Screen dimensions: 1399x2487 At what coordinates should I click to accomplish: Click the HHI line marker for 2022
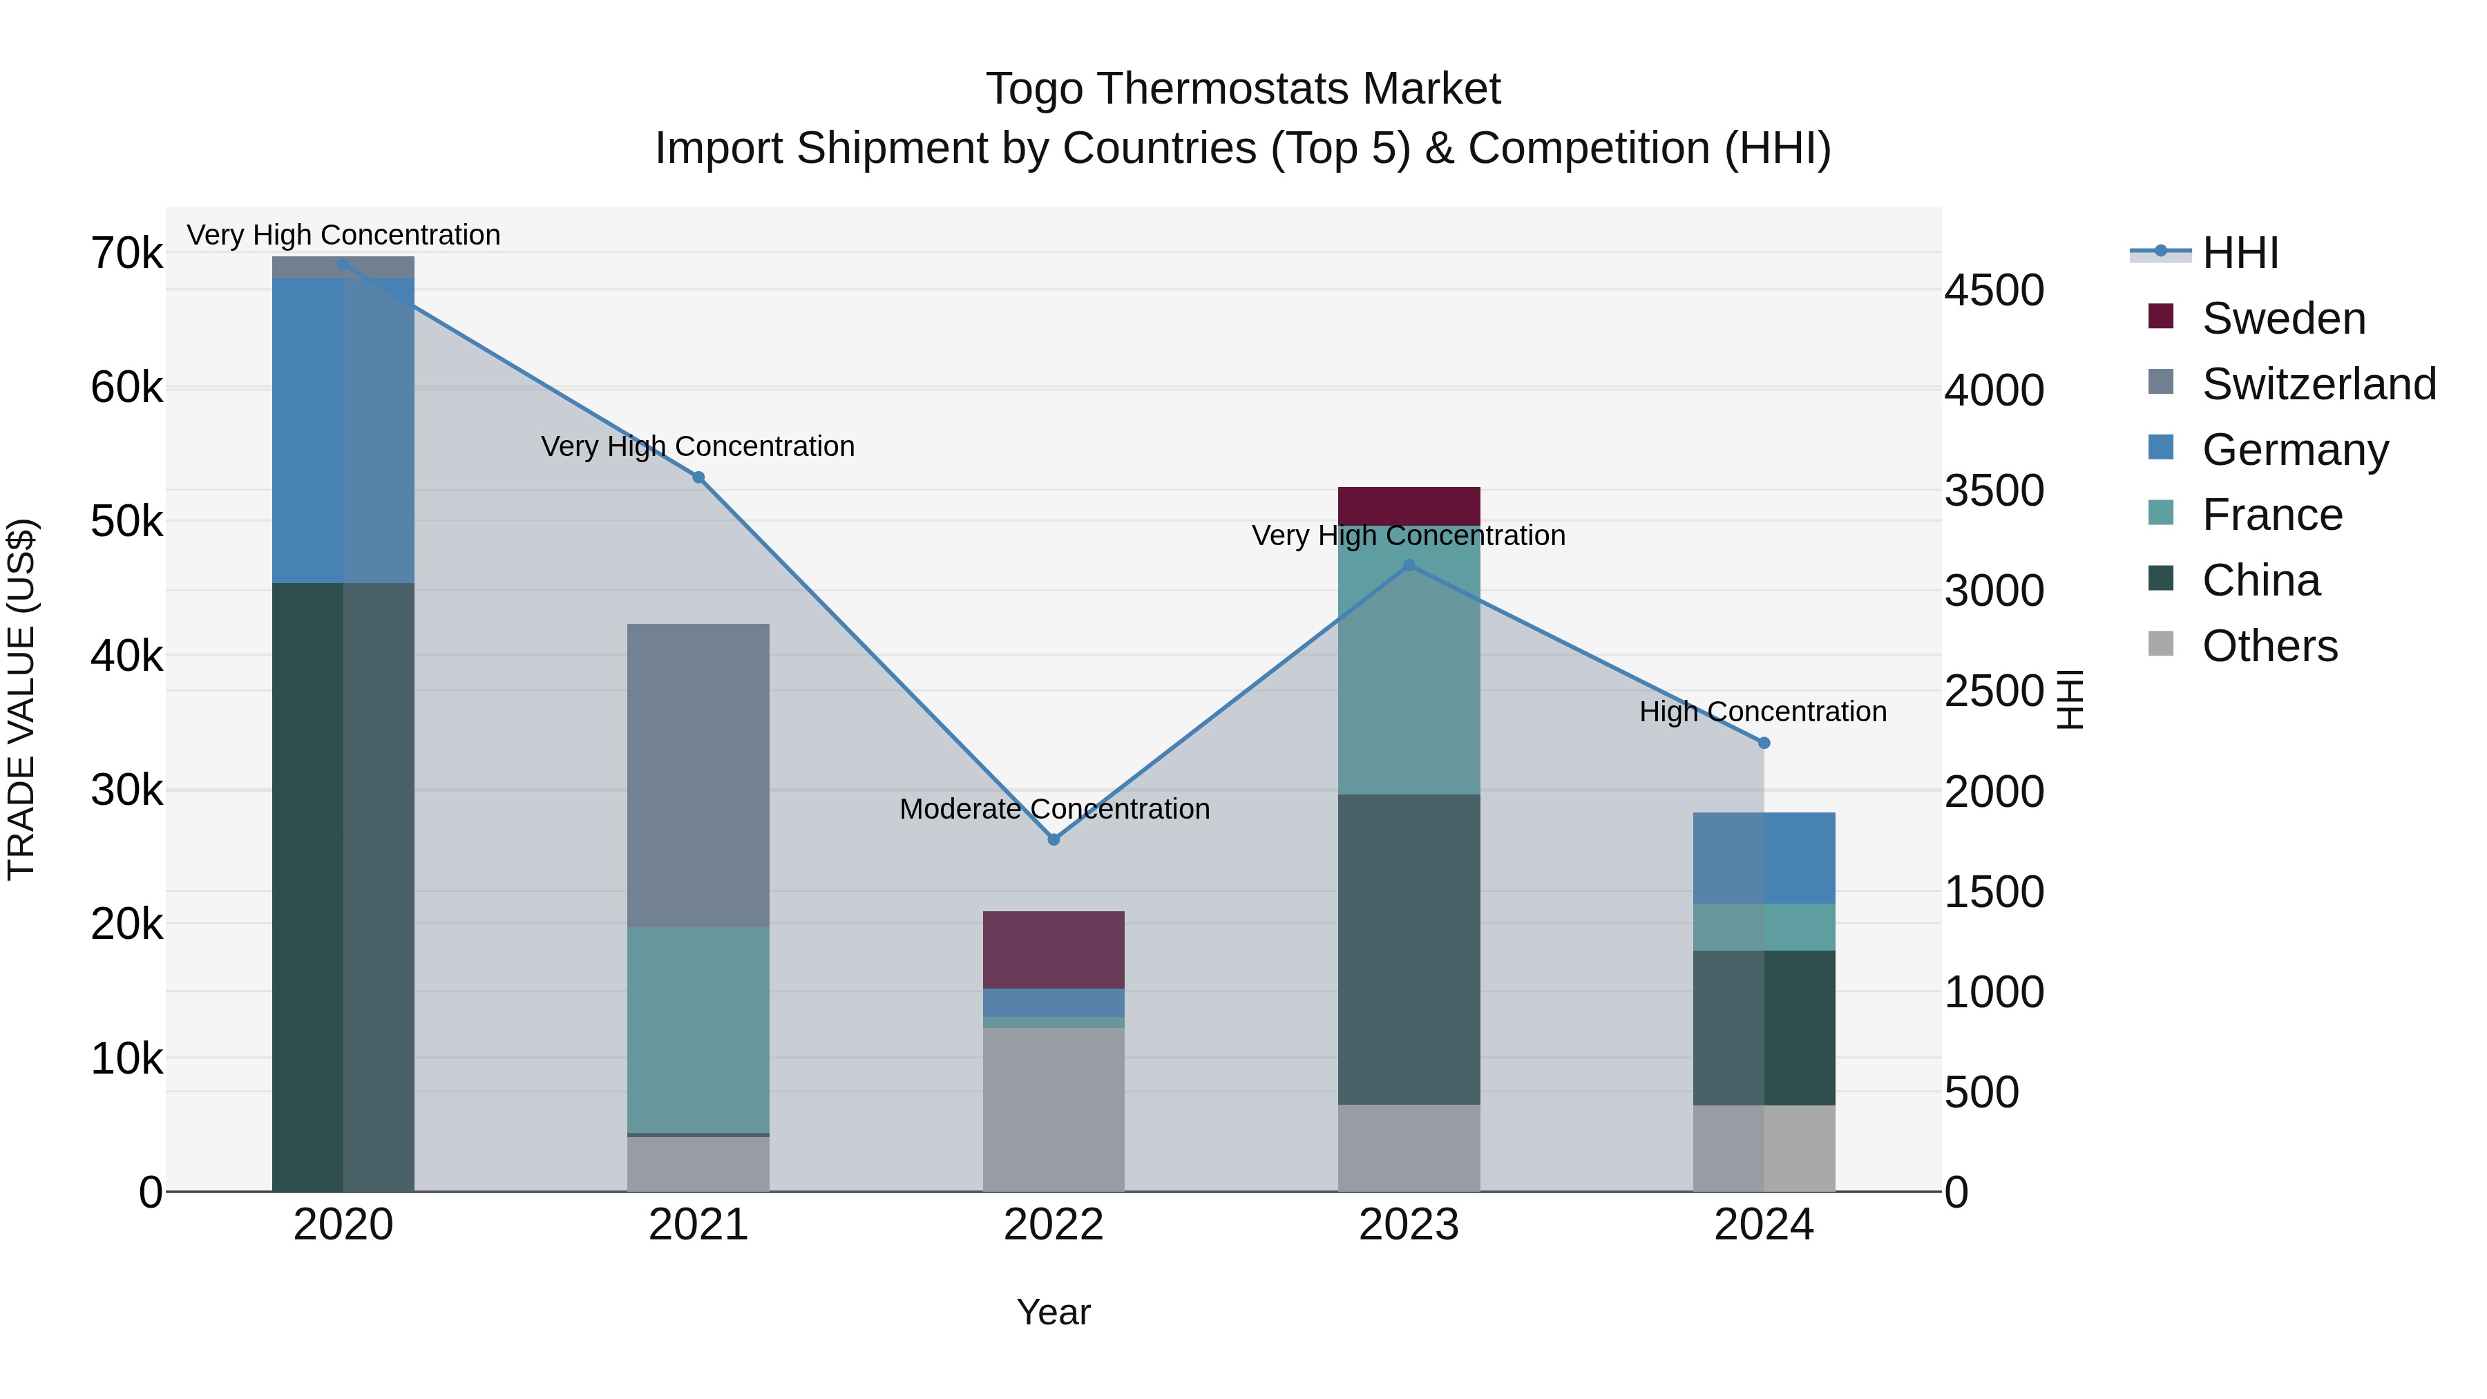tap(1054, 839)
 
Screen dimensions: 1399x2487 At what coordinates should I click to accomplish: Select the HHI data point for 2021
tap(698, 477)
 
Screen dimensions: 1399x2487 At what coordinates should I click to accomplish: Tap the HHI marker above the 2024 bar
tap(1764, 743)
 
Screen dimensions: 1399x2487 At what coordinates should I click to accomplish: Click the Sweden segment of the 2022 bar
tap(1054, 950)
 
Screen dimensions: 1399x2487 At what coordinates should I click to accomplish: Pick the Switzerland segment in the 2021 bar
tap(698, 775)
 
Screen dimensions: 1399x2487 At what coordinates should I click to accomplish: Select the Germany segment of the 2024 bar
tap(1764, 857)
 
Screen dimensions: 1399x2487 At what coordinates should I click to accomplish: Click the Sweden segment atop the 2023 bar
tap(1409, 506)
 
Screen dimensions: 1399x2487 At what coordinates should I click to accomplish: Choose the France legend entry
tap(2271, 515)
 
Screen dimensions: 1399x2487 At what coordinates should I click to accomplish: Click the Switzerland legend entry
tap(2318, 384)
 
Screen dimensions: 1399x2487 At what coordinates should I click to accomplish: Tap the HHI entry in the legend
tap(2240, 253)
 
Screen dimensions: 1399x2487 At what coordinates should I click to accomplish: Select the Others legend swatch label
tap(2269, 646)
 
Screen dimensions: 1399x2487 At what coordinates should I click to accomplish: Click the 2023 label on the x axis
tap(1409, 1225)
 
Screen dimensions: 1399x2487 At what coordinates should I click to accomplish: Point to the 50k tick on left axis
tap(126, 522)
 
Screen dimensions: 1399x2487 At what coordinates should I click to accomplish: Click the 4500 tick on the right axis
tap(1994, 291)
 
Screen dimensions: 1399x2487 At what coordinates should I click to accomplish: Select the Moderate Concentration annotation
tap(1054, 809)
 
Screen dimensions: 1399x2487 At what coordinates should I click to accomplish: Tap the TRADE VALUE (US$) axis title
tap(21, 699)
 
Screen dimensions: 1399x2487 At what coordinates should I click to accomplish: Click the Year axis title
tap(1054, 1312)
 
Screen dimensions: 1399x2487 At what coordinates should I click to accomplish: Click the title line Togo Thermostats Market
tap(1243, 89)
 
